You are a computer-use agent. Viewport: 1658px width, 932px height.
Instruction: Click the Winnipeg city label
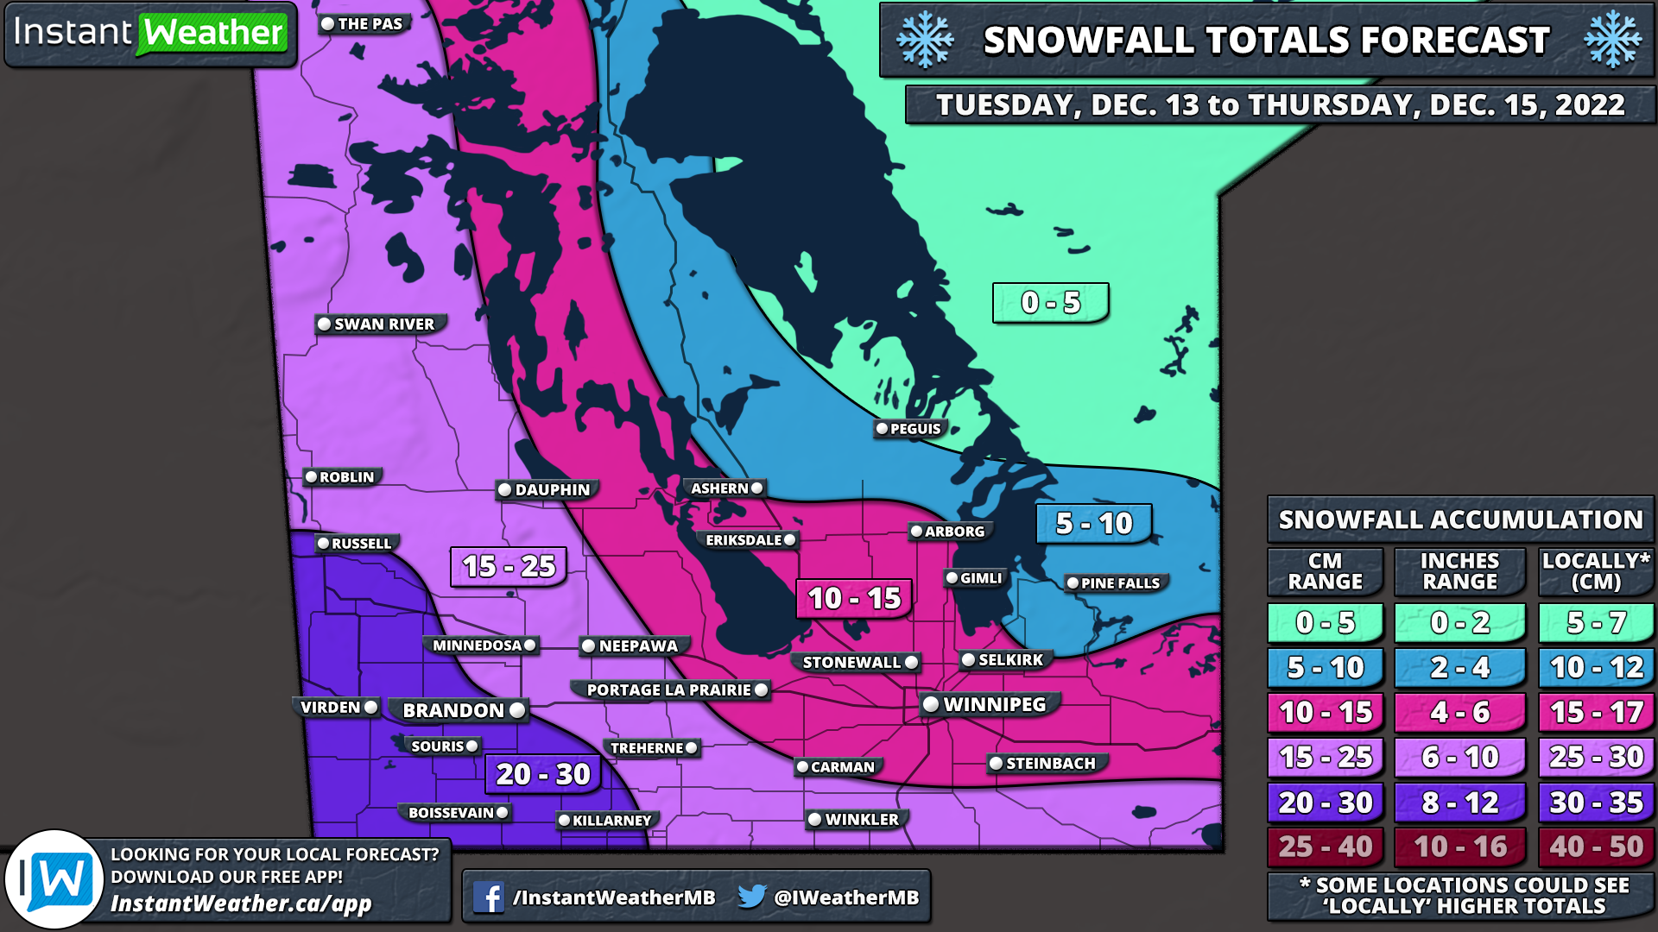coord(993,704)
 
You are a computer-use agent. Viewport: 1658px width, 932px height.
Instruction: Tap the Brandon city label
coord(453,710)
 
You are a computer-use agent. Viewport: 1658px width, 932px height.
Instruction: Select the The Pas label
coord(370,24)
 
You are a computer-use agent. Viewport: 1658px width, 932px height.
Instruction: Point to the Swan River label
coord(383,324)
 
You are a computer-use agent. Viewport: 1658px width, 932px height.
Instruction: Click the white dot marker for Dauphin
coord(505,490)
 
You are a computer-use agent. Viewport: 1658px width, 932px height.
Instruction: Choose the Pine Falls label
coord(1119,583)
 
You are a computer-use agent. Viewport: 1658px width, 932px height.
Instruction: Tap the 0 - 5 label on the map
coord(1050,303)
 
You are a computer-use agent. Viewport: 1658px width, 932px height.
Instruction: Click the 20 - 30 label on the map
coord(543,774)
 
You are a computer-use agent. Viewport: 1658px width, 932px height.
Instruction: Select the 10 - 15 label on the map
coord(853,598)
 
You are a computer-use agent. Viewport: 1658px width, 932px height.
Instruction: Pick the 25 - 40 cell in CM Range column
coord(1325,847)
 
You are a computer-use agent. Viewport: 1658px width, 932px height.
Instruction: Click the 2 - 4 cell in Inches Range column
coord(1459,667)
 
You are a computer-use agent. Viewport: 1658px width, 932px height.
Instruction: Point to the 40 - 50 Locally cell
coord(1596,847)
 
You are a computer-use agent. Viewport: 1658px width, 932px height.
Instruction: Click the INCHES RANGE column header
coord(1459,571)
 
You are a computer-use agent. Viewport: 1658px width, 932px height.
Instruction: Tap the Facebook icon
coord(489,897)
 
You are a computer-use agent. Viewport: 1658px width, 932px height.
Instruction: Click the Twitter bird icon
coord(751,897)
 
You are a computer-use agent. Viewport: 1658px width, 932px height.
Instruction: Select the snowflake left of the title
coord(925,40)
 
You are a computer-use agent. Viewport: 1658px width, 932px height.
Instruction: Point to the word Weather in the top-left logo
coord(213,34)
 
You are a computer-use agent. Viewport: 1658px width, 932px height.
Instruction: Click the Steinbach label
coord(1049,764)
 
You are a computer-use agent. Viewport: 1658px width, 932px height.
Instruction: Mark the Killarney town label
coord(611,821)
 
